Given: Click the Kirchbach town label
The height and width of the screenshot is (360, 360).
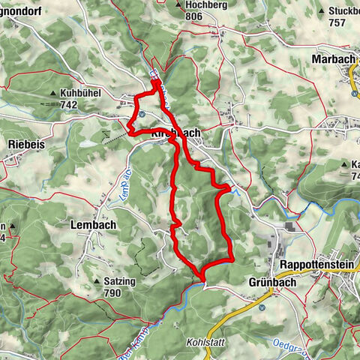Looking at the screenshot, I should [x=176, y=133].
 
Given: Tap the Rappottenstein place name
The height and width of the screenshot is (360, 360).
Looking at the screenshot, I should [x=317, y=265].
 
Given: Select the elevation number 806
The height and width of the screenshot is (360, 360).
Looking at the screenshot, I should [x=194, y=16].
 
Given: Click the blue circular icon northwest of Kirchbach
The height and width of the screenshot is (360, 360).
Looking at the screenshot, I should [x=141, y=114].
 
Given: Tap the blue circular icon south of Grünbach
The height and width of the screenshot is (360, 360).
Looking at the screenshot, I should [x=261, y=307].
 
